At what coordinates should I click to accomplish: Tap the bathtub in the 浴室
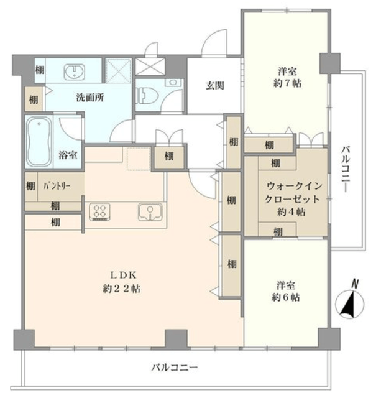click(x=39, y=142)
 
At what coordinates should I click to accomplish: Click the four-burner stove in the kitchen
click(x=99, y=211)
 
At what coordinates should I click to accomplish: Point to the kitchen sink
click(x=150, y=211)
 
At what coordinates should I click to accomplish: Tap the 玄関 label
click(x=214, y=86)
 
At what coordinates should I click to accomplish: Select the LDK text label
click(x=123, y=275)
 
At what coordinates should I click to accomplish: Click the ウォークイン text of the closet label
click(x=294, y=186)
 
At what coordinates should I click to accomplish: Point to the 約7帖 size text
click(x=287, y=83)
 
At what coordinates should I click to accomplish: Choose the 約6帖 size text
click(x=286, y=297)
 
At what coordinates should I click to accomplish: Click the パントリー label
click(x=57, y=186)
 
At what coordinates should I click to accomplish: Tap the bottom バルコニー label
click(x=175, y=368)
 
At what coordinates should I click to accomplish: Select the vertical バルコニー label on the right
click(x=346, y=169)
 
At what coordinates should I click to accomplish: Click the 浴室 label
click(x=68, y=155)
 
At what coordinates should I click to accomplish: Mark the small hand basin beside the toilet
click(x=173, y=82)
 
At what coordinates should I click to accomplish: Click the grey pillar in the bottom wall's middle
click(x=177, y=339)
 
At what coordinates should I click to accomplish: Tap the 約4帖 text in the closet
click(x=291, y=211)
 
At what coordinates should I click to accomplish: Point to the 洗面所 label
click(x=90, y=97)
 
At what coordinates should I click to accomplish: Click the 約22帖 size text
click(x=122, y=289)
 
